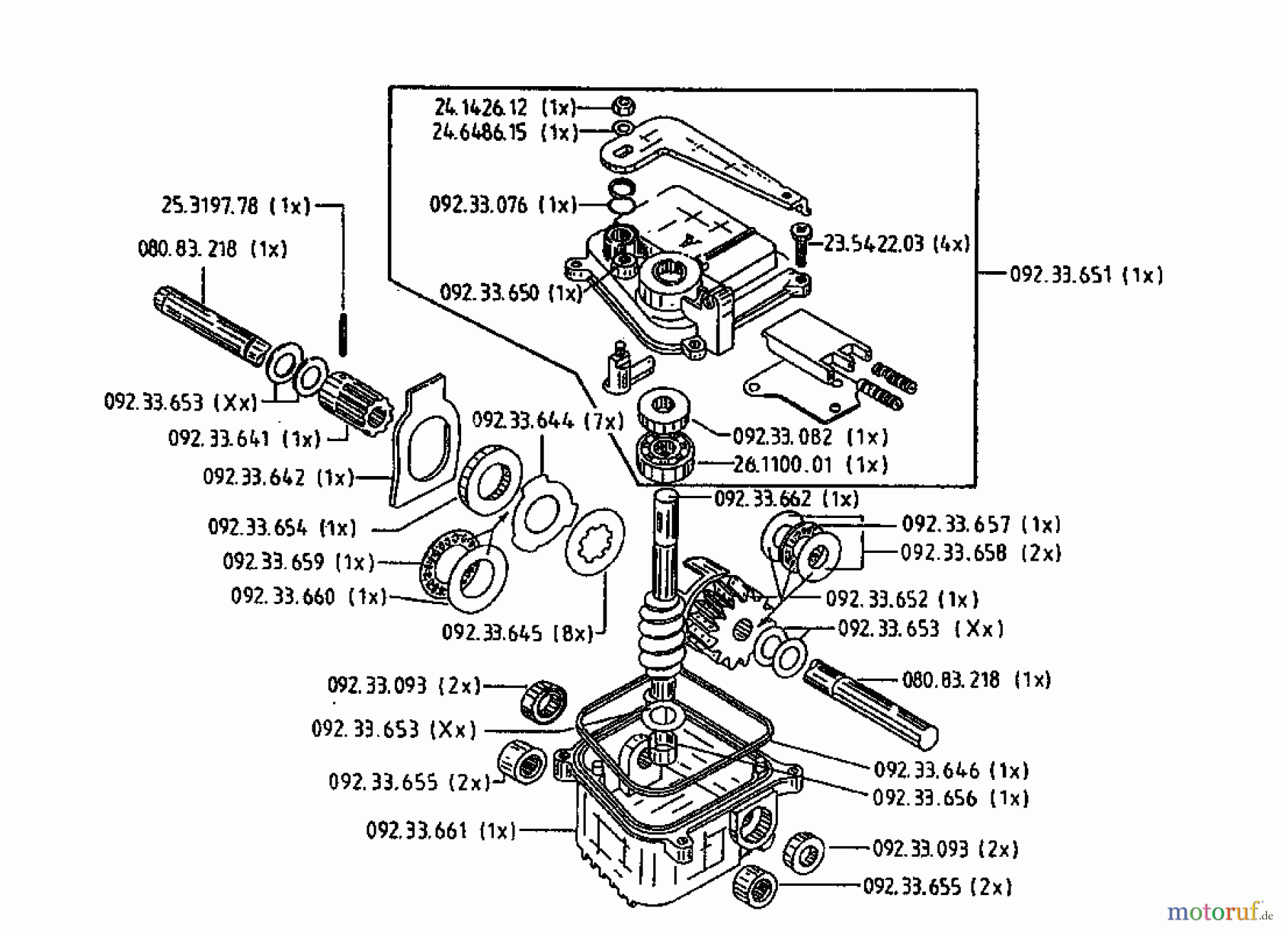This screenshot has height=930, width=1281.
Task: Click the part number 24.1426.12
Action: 480,107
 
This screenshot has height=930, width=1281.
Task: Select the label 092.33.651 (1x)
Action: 1086,275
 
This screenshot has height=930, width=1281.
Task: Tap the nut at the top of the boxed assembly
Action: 623,107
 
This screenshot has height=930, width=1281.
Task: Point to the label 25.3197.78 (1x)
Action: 236,206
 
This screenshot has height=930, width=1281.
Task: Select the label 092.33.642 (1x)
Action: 278,477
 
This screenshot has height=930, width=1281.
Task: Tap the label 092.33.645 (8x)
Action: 517,633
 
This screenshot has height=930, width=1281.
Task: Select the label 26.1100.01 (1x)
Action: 811,465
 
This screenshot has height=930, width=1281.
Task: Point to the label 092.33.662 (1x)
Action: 786,499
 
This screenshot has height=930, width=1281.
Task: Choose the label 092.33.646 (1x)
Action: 951,770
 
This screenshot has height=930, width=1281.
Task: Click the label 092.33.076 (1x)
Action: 502,205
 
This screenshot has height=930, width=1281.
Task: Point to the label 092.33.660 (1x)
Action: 308,596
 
